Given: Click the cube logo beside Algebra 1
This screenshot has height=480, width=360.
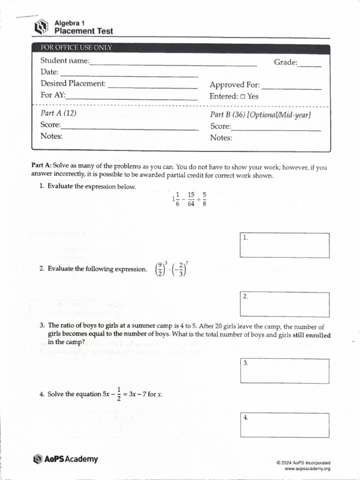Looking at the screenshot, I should pyautogui.click(x=42, y=27).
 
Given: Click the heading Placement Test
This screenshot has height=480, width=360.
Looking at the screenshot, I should pyautogui.click(x=83, y=31).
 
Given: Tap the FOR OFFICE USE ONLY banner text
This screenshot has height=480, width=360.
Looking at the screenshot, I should pyautogui.click(x=76, y=48).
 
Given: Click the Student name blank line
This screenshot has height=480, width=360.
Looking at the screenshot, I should pyautogui.click(x=173, y=64).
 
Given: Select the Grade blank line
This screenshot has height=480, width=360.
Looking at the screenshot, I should pyautogui.click(x=309, y=66).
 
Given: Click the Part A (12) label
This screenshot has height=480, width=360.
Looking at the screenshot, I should pyautogui.click(x=59, y=113).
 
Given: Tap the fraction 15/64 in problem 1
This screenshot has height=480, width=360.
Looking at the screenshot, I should pyautogui.click(x=191, y=199).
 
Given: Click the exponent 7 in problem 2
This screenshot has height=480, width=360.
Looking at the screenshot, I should pyautogui.click(x=187, y=263).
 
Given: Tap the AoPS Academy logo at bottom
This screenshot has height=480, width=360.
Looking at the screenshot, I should pyautogui.click(x=66, y=459).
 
